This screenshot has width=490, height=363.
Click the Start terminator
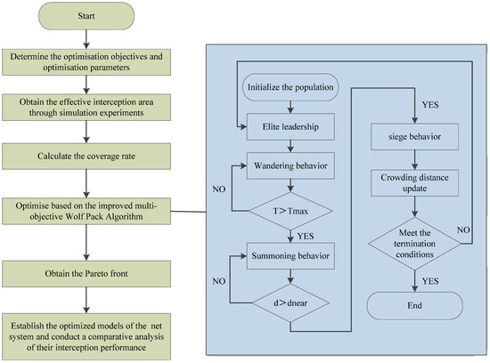click(x=86, y=16)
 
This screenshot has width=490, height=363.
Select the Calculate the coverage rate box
click(x=86, y=156)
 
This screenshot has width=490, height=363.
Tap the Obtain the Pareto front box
click(x=86, y=274)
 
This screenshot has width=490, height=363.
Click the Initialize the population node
click(x=290, y=87)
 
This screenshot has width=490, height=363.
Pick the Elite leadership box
click(x=290, y=126)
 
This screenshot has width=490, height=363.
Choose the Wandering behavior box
click(x=290, y=165)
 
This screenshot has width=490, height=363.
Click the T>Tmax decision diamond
click(x=290, y=212)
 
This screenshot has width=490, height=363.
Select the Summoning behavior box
click(x=290, y=256)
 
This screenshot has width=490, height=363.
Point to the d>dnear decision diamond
click(x=290, y=302)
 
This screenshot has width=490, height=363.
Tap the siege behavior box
click(x=414, y=137)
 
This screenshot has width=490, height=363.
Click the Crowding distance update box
click(x=414, y=183)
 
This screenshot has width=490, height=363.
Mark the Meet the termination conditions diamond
click(x=414, y=244)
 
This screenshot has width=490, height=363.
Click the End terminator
click(x=414, y=305)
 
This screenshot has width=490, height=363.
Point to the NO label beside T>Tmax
click(x=219, y=190)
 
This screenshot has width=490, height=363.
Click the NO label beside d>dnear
click(x=219, y=281)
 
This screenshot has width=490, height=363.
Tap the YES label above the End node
click(x=430, y=281)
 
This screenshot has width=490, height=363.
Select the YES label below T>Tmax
click(x=306, y=237)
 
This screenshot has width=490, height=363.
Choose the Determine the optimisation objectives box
click(x=86, y=62)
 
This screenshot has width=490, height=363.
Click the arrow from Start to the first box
click(x=86, y=39)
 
